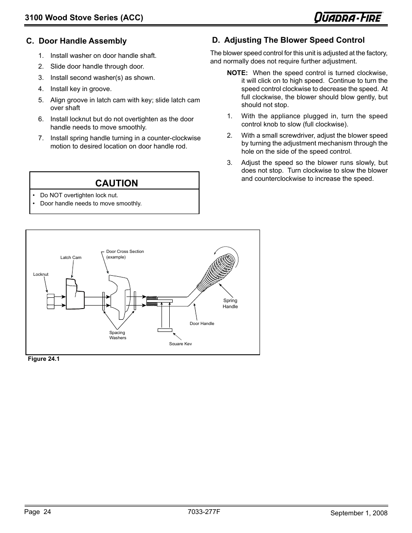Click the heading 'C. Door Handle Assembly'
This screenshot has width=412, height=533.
click(x=76, y=41)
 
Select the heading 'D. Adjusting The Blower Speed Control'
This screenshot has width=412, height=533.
click(x=288, y=40)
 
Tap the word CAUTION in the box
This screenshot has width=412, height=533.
click(x=117, y=183)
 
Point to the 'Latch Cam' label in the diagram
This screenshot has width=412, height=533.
click(x=71, y=258)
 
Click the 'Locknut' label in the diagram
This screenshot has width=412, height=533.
click(x=41, y=274)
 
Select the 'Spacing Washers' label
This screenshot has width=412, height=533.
click(x=117, y=335)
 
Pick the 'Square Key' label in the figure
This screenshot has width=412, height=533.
click(x=180, y=344)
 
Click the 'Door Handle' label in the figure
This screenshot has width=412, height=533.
click(x=202, y=324)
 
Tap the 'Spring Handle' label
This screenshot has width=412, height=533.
click(x=230, y=303)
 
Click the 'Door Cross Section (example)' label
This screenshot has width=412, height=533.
click(x=125, y=254)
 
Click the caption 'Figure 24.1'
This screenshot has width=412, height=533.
click(x=43, y=359)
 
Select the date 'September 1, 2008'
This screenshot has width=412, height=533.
click(x=359, y=513)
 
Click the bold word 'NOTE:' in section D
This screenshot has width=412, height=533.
click(x=237, y=73)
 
